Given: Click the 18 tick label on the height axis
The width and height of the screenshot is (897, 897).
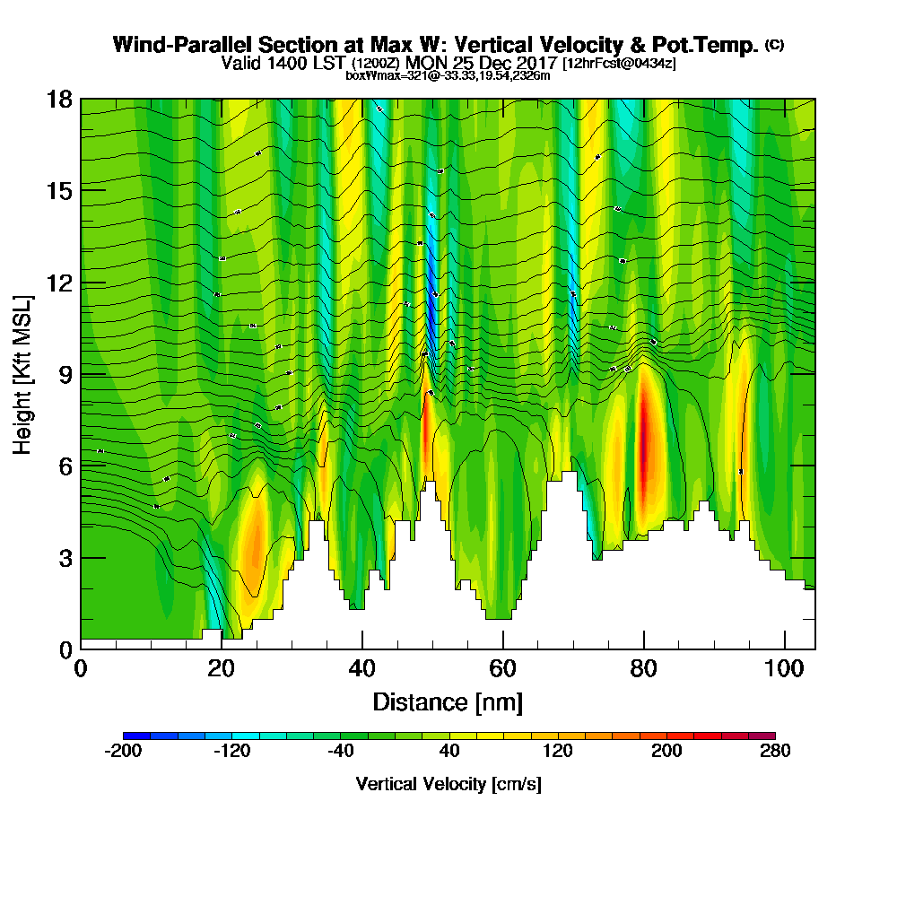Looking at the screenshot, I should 59,99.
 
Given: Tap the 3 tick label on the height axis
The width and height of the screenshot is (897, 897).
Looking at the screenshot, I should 65,558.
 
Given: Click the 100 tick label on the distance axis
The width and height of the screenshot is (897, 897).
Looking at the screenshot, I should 785,668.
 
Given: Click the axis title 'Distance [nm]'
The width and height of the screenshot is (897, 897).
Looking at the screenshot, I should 448,701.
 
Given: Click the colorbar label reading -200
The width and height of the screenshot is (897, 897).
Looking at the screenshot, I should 123,752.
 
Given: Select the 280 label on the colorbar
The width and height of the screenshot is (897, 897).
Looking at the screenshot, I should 774,752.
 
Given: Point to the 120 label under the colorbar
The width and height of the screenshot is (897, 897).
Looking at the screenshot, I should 557,752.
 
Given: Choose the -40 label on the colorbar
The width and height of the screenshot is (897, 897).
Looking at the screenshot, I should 340,752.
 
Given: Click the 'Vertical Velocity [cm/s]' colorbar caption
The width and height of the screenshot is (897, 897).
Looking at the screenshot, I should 448,784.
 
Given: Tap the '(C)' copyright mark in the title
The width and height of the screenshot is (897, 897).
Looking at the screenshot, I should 774,45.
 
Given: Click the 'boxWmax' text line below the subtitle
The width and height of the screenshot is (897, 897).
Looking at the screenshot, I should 448,76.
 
